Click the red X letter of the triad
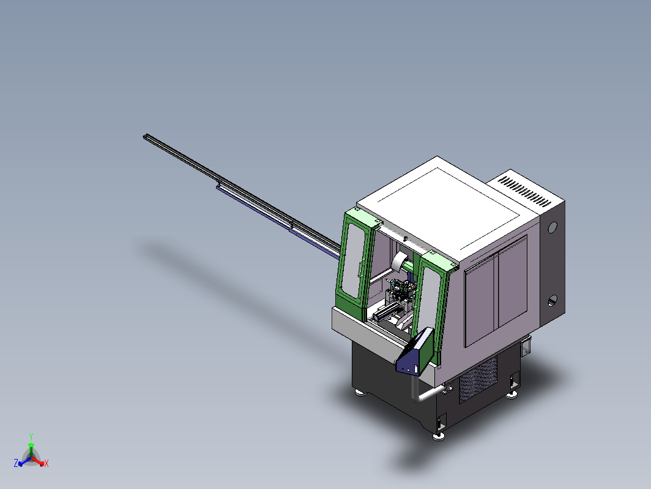46,463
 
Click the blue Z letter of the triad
16,463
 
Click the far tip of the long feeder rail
145,136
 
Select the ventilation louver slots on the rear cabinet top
524,191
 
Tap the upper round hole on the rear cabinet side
552,227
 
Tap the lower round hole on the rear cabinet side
552,300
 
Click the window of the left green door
352,260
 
